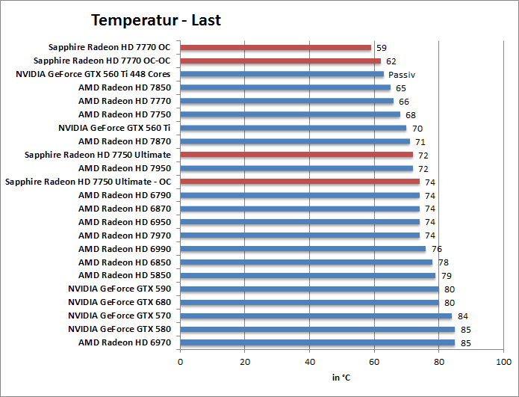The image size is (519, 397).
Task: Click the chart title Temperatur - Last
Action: point(156,20)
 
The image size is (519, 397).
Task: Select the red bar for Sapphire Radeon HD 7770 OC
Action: point(276,48)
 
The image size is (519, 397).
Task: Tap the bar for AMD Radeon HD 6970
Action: point(317,342)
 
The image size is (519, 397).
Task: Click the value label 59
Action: point(381,48)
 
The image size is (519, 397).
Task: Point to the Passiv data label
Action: point(402,75)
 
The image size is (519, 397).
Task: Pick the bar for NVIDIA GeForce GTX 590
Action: point(309,289)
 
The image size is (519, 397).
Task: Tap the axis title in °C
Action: point(341,378)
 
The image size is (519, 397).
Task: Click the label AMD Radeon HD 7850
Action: point(125,88)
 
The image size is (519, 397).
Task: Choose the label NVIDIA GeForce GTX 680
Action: point(119,302)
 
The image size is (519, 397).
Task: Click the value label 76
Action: point(437,249)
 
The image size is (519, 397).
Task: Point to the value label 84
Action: point(462,316)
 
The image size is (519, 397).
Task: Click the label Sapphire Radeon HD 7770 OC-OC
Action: point(102,61)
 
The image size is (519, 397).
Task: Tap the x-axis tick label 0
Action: point(180,362)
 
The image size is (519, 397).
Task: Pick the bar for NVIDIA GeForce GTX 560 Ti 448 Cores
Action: point(282,75)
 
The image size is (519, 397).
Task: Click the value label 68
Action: point(411,115)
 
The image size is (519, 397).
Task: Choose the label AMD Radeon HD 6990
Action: point(125,249)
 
